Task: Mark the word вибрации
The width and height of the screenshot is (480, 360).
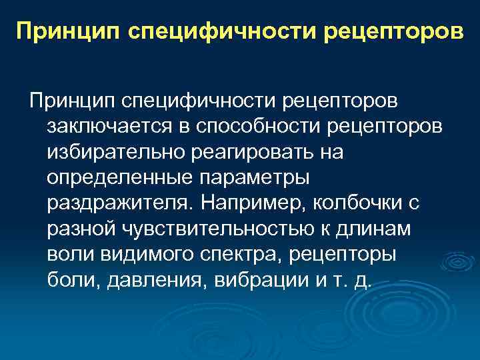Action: click(x=258, y=280)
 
